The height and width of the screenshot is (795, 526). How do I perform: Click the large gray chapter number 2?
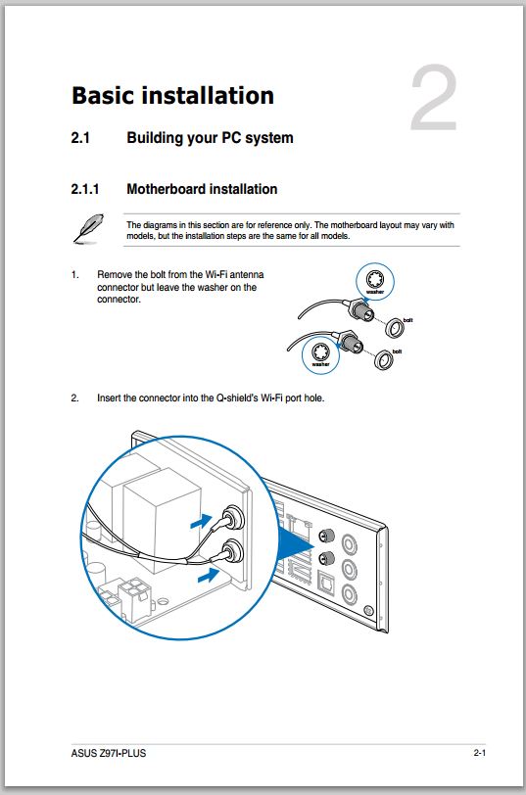[x=434, y=97]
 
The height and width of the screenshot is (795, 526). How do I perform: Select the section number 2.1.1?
[x=84, y=189]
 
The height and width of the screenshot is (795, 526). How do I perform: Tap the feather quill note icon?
[x=88, y=228]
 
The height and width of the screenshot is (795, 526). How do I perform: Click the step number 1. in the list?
[x=75, y=275]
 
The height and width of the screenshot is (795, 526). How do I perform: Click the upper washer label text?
[x=375, y=292]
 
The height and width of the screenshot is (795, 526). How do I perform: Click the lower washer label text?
[x=320, y=364]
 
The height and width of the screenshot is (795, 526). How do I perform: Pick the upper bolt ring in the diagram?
[x=395, y=328]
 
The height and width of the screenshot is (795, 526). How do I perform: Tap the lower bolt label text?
[x=397, y=351]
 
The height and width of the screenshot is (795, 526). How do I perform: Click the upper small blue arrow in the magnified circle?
[x=201, y=521]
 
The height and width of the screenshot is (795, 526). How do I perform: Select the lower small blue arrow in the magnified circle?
[x=208, y=575]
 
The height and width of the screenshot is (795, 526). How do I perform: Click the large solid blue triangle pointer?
[x=297, y=547]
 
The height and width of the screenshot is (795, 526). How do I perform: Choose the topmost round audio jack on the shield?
[x=349, y=544]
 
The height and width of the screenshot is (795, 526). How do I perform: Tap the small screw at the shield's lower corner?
[x=369, y=611]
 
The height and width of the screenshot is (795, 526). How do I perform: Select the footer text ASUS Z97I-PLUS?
[x=109, y=753]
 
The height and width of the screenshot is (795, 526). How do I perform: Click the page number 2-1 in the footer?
[x=480, y=753]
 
